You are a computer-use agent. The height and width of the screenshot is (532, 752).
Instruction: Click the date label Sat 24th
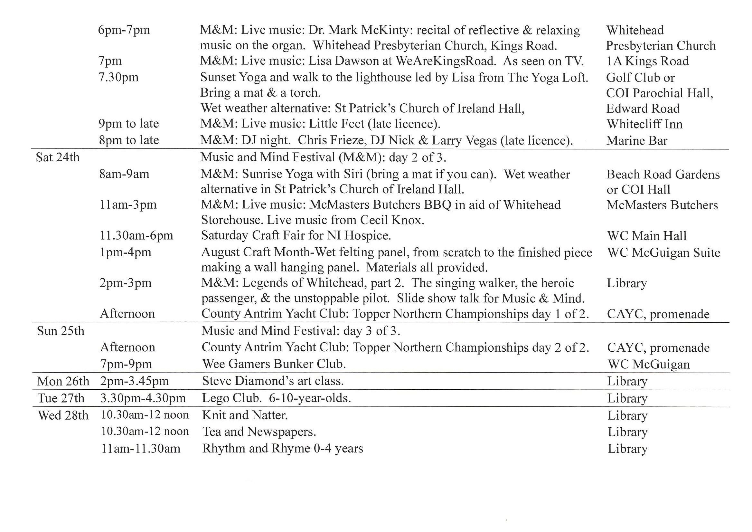[58, 157]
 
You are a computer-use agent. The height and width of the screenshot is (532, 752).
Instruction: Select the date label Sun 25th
[61, 331]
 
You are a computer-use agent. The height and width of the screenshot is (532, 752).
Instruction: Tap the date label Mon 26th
[63, 381]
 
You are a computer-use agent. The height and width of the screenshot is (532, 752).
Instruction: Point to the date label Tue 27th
[61, 398]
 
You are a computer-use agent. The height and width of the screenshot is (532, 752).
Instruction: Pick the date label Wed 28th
[63, 415]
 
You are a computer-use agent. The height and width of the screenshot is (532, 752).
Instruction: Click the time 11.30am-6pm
[136, 235]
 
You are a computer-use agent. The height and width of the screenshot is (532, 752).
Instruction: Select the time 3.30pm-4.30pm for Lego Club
[143, 398]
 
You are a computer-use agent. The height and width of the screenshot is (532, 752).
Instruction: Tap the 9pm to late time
[129, 124]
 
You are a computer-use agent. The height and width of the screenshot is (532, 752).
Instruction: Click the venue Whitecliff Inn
[644, 124]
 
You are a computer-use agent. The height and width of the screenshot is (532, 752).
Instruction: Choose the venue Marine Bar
[636, 140]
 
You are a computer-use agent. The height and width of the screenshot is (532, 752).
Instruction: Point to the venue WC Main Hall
[646, 235]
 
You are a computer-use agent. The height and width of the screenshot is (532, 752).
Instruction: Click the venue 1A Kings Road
[647, 61]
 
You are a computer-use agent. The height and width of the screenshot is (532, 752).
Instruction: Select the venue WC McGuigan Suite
[663, 252]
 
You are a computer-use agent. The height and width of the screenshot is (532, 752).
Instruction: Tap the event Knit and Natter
[245, 415]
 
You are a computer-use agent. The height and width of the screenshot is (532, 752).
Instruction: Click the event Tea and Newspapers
[259, 432]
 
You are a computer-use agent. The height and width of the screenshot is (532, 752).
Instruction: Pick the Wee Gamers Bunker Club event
[274, 364]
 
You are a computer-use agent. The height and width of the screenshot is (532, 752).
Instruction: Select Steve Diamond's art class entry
[273, 381]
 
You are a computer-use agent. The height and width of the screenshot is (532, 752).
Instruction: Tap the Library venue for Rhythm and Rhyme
[627, 449]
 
